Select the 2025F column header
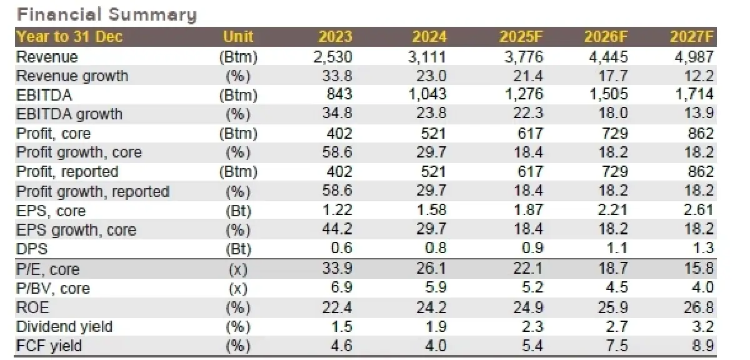(522, 37)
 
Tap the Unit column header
(238, 37)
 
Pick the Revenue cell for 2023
(332, 57)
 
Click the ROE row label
(32, 307)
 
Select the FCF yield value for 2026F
(616, 346)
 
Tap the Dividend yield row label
(64, 326)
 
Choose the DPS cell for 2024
(435, 248)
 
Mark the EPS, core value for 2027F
(699, 210)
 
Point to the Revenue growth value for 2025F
(529, 76)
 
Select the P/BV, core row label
(53, 288)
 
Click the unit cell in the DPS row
(238, 249)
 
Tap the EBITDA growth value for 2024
(434, 114)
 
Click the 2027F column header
(692, 37)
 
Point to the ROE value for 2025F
(529, 307)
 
